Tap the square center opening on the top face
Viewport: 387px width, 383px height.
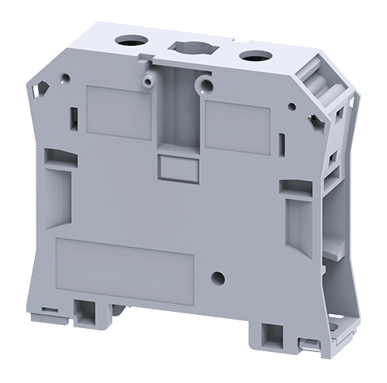coord(188,46)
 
